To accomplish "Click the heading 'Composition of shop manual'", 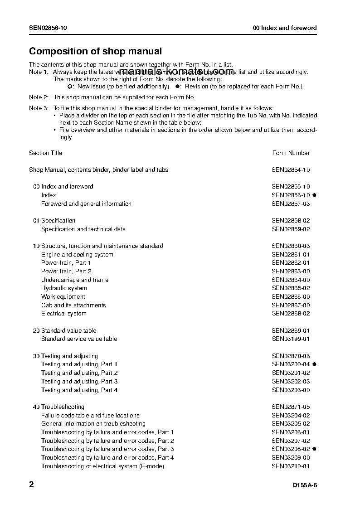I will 95,52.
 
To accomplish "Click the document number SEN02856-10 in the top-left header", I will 48,28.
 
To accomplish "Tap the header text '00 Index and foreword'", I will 285,28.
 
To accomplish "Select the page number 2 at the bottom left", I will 31,485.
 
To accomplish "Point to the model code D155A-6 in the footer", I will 305,486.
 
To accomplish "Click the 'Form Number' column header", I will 291,153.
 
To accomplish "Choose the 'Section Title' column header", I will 46,153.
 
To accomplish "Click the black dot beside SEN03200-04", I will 314,364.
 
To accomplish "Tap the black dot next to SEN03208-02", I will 314,449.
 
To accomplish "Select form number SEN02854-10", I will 291,170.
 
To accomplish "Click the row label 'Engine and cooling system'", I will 77,254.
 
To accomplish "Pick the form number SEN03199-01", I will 291,339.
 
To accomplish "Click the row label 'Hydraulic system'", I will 64,288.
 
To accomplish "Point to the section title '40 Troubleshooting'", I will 58,407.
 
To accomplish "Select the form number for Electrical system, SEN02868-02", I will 291,313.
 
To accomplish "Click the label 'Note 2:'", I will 39,97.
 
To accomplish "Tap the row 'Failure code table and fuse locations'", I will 90,415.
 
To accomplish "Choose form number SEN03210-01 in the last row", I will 291,466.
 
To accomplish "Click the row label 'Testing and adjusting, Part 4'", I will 79,390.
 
